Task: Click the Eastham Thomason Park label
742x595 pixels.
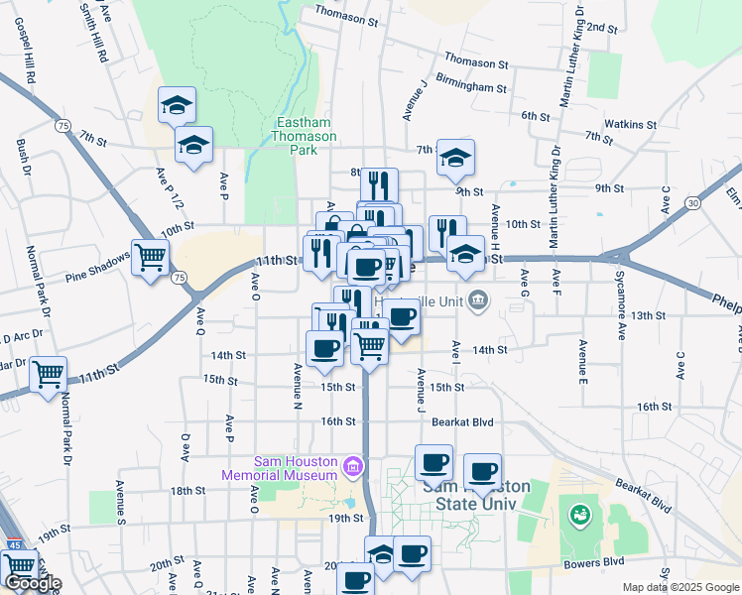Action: tap(305, 137)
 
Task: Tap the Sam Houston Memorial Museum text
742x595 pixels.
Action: tap(298, 468)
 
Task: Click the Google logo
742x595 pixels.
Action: tap(32, 583)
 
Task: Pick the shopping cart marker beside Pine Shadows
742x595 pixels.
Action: tap(150, 258)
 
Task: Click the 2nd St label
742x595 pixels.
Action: tap(602, 27)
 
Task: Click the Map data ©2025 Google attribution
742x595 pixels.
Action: tap(680, 587)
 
